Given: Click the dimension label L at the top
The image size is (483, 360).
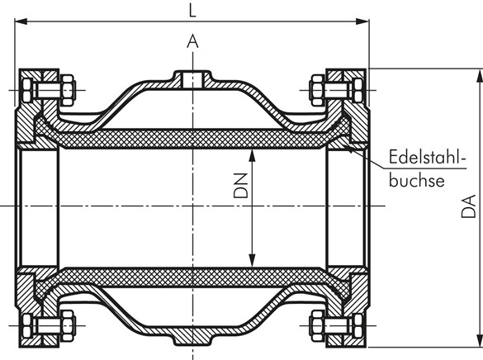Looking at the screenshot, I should pos(192,11).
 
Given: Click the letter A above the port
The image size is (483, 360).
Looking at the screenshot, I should pos(192,40).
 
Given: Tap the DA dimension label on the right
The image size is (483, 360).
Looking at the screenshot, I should pos(467,204).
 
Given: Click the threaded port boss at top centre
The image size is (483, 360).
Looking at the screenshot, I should pos(192,78).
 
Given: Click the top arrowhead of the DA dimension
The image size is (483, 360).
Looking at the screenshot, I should pos(477,73).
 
